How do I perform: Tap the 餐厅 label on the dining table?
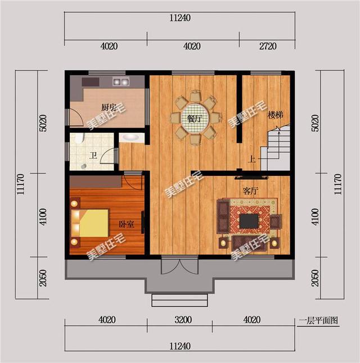(195, 119)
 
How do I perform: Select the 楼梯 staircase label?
(276, 115)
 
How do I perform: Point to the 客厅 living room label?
(250, 191)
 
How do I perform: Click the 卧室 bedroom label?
(127, 224)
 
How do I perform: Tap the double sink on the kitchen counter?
(121, 81)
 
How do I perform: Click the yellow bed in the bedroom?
(90, 223)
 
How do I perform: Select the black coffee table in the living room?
(249, 221)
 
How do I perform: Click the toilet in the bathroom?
(79, 138)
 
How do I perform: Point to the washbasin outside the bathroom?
(131, 138)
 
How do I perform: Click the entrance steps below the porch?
(179, 300)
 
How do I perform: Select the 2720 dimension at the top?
(268, 46)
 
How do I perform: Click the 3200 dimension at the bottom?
(183, 320)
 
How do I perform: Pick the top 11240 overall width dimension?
(180, 18)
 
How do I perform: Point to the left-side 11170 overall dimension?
(20, 184)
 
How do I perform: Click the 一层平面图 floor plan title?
(318, 320)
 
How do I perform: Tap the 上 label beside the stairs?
(251, 159)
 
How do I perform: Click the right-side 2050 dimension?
(315, 278)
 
